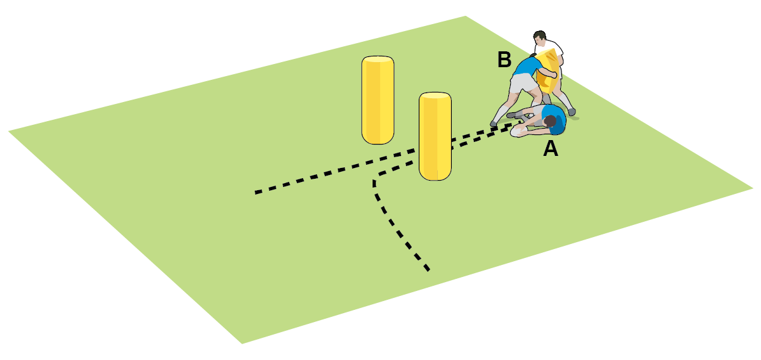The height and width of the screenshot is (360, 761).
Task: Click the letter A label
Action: (x=551, y=148)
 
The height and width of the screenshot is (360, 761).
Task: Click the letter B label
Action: (x=504, y=60)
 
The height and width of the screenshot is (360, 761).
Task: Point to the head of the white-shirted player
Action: (x=539, y=37)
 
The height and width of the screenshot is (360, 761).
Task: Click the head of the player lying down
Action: (x=549, y=121)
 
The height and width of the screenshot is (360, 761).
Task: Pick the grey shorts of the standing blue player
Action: (x=523, y=83)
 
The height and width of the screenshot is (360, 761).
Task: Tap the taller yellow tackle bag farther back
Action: (x=378, y=100)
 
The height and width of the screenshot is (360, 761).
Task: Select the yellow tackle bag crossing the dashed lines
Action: (x=435, y=136)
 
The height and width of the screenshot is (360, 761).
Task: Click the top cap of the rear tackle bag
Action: (x=378, y=60)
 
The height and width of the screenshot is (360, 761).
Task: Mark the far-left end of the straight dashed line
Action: (x=257, y=193)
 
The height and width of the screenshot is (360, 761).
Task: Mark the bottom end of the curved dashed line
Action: (x=428, y=270)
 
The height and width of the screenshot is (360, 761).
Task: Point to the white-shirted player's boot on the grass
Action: (x=572, y=112)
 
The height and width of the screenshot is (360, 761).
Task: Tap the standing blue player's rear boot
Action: (x=494, y=124)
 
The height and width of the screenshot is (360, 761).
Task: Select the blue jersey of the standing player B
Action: (x=527, y=67)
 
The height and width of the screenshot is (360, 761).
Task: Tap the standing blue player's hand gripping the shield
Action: (x=553, y=75)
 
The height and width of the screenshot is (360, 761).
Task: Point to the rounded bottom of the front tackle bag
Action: (x=435, y=175)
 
